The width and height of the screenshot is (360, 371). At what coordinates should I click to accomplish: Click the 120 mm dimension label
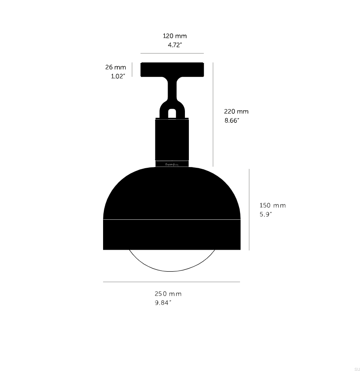click(175, 36)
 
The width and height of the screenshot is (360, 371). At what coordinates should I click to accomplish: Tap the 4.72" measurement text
click(175, 45)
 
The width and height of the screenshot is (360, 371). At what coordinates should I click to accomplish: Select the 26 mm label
click(116, 68)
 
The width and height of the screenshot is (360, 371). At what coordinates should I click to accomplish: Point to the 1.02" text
click(118, 76)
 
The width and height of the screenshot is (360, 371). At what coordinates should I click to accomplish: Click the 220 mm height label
click(236, 112)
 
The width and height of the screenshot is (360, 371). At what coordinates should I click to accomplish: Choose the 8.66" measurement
click(232, 121)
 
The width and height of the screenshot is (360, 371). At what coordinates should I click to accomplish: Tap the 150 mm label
click(273, 206)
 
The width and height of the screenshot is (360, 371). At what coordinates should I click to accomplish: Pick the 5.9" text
click(266, 214)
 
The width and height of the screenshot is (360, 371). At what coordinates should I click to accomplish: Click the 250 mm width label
click(168, 294)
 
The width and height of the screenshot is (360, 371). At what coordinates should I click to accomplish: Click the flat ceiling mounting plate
click(173, 69)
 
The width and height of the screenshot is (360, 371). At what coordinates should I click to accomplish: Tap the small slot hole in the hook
click(172, 113)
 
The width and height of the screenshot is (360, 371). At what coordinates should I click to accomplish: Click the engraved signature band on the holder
click(172, 164)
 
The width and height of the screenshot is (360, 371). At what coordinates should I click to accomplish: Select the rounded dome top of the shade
click(172, 193)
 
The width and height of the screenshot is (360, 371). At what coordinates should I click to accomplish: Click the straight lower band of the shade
click(172, 235)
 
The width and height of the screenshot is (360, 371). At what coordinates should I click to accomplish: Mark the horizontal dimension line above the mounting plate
click(172, 53)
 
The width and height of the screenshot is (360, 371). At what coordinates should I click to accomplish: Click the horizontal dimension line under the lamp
click(172, 282)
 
